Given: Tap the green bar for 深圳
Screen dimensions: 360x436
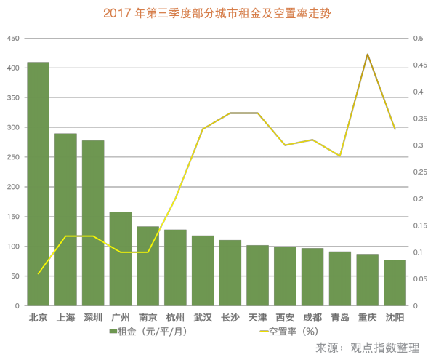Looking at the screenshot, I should coord(93,223).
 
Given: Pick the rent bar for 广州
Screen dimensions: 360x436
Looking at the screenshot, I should coord(121,259).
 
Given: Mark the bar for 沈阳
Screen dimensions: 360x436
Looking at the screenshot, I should coord(395,283).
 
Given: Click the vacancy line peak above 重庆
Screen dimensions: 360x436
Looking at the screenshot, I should coord(368,54).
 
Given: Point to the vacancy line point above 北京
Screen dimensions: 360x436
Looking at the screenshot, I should coord(38,273).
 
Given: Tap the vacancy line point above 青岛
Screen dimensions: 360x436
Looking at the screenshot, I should coord(340,156).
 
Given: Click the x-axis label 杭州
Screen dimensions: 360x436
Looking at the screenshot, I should coord(175,318).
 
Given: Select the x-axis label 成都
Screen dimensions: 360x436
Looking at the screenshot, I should coord(312,318).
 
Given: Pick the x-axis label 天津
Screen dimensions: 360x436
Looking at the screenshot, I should coord(257,318).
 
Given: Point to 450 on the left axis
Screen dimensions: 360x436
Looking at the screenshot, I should coord(12,39).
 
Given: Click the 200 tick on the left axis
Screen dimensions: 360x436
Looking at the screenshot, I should coord(12,187).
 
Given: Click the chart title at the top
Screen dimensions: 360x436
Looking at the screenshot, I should coord(218,13).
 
